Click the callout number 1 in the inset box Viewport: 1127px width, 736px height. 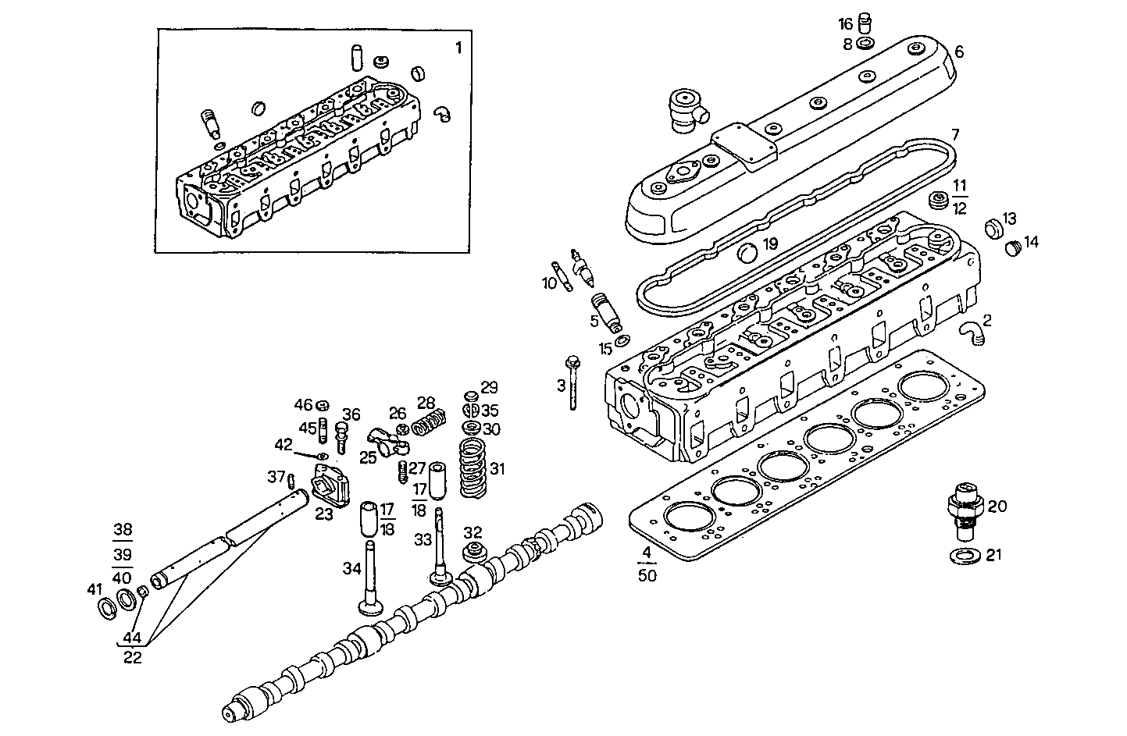(458, 48)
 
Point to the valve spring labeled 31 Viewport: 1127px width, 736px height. (471, 468)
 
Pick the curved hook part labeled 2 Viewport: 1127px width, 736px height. (972, 333)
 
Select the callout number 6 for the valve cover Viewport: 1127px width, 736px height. (959, 52)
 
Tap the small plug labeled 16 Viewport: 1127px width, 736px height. (865, 20)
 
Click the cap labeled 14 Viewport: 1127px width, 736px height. (1013, 247)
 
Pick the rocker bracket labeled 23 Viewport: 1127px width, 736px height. (329, 488)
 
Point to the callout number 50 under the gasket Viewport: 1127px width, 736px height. (647, 576)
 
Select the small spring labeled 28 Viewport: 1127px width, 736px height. (428, 424)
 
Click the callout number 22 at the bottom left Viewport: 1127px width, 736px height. (133, 657)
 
